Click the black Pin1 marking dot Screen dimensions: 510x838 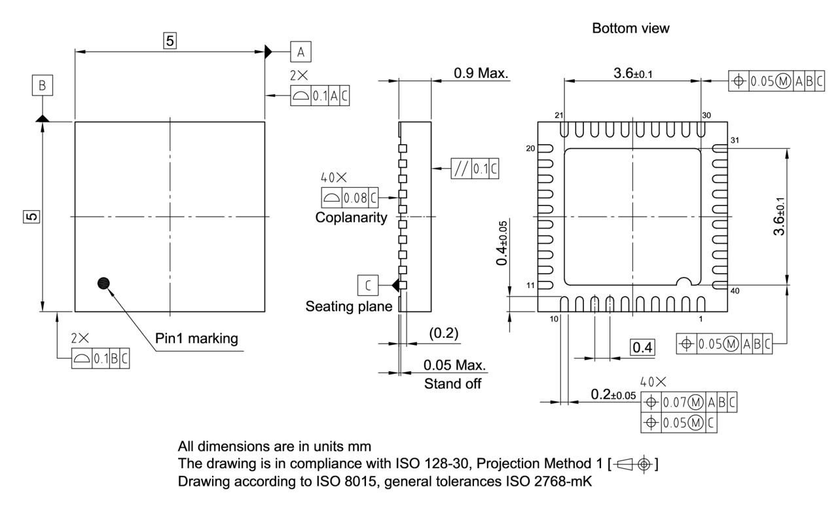pyautogui.click(x=103, y=283)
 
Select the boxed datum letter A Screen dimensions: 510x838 pyautogui.click(x=301, y=52)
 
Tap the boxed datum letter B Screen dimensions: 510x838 pyautogui.click(x=42, y=85)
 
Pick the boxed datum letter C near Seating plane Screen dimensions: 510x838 pyautogui.click(x=368, y=285)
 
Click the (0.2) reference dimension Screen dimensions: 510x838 pyautogui.click(x=443, y=333)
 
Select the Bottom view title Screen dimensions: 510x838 pyautogui.click(x=630, y=29)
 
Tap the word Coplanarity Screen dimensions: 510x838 pyautogui.click(x=351, y=217)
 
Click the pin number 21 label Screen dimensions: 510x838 pyautogui.click(x=559, y=115)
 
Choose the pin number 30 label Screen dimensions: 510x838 pyautogui.click(x=705, y=115)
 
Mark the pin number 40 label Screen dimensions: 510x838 pyautogui.click(x=735, y=291)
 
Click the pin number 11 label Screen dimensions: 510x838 pyautogui.click(x=530, y=285)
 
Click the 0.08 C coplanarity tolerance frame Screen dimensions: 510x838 pyautogui.click(x=350, y=196)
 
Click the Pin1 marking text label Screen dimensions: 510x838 pyautogui.click(x=196, y=339)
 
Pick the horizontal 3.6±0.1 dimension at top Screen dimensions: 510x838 pyautogui.click(x=632, y=73)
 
